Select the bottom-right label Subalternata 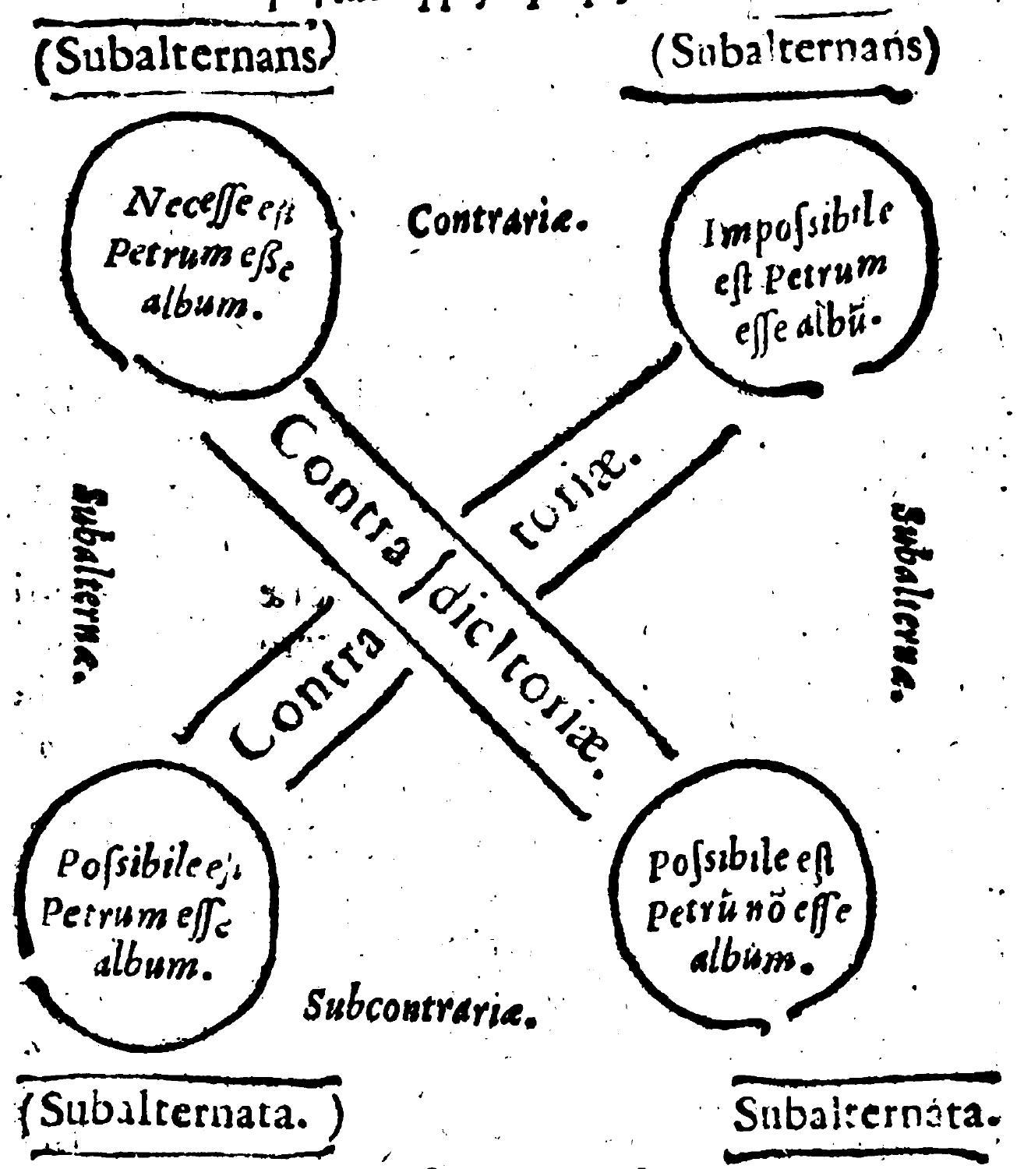click(865, 1117)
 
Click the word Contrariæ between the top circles click(496, 224)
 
